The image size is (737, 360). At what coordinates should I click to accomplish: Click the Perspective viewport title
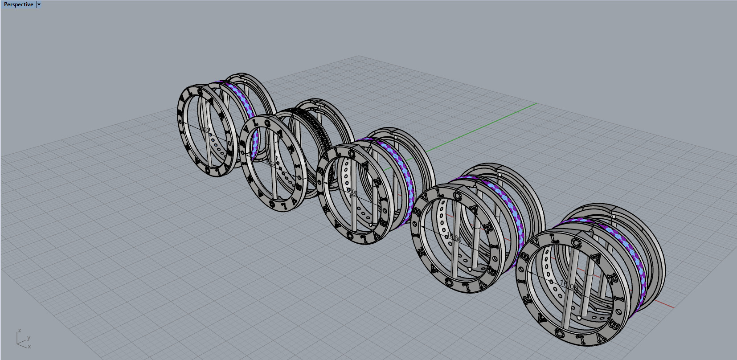[18, 4]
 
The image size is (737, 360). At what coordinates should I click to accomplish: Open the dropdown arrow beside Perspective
[39, 4]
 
